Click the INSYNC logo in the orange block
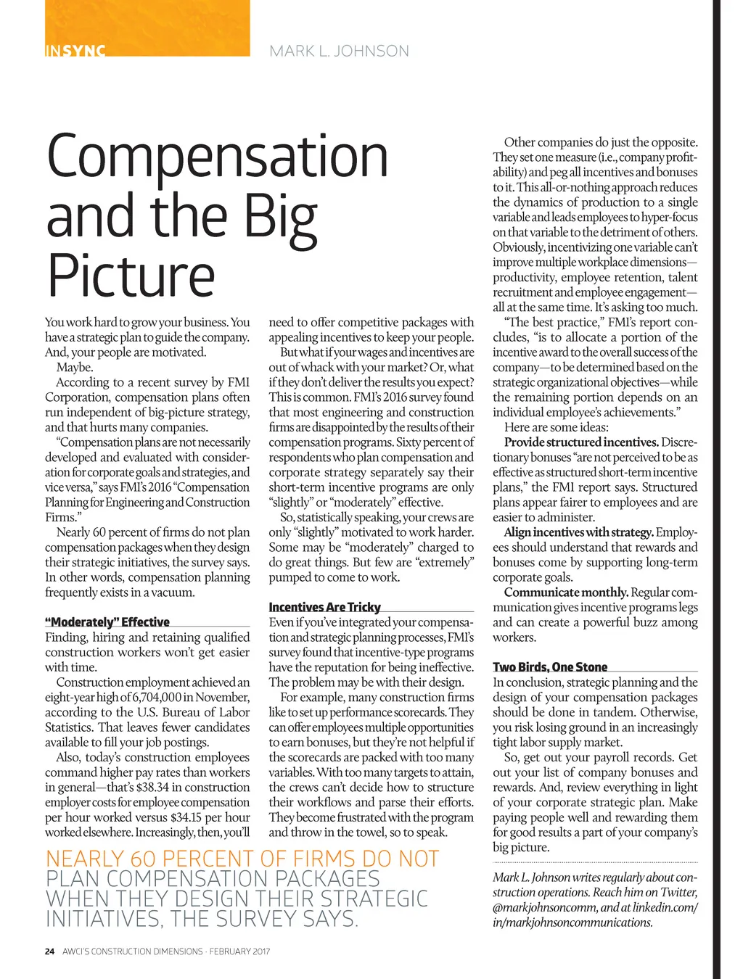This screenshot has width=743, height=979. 75,51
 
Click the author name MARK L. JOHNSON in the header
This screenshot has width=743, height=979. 339,51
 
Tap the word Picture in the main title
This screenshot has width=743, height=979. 131,276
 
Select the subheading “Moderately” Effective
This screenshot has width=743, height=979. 107,622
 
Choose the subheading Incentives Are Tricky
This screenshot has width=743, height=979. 324,607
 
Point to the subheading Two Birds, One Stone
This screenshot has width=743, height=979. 550,667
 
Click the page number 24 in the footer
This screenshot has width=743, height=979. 49,951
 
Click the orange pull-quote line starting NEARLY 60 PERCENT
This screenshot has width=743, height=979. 242,859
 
